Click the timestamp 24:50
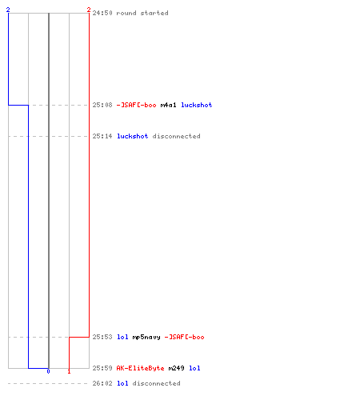pyautogui.click(x=102, y=13)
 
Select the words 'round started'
pyautogui.click(x=142, y=13)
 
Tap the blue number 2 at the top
pyautogui.click(x=8, y=10)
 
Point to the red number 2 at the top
pyautogui.click(x=89, y=10)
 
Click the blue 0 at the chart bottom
pyautogui.click(x=48, y=371)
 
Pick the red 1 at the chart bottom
pyautogui.click(x=69, y=371)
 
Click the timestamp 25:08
pyautogui.click(x=102, y=105)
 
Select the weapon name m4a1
pyautogui.click(x=168, y=105)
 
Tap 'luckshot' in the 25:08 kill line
pyautogui.click(x=197, y=105)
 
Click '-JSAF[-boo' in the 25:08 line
pyautogui.click(x=136, y=105)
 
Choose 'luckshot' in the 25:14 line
pyautogui.click(x=133, y=136)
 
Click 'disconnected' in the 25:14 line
pyautogui.click(x=176, y=136)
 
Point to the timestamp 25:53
pyautogui.click(x=102, y=337)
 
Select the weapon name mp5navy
pyautogui.click(x=146, y=337)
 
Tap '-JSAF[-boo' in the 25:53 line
pyautogui.click(x=184, y=337)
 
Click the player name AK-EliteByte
pyautogui.click(x=140, y=368)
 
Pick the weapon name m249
pyautogui.click(x=176, y=368)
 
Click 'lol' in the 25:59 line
pyautogui.click(x=194, y=368)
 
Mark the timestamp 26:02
pyautogui.click(x=102, y=383)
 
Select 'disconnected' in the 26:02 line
pyautogui.click(x=156, y=383)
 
